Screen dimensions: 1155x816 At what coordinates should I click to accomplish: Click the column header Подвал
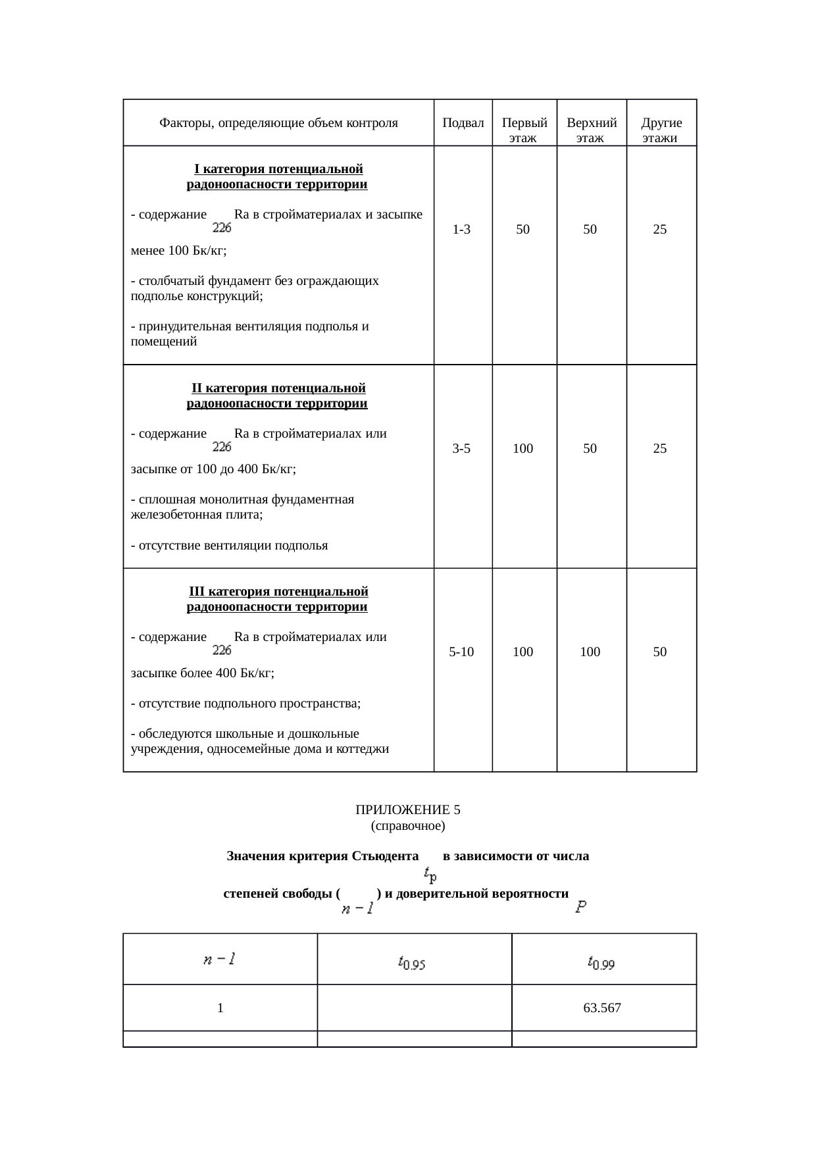463,123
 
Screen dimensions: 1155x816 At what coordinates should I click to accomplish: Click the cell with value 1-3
462,230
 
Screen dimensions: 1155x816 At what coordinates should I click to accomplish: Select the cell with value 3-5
462,449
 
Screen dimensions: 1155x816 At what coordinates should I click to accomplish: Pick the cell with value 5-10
462,652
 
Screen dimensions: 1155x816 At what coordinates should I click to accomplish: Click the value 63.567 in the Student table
602,1008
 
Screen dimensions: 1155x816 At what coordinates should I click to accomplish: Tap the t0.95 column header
414,963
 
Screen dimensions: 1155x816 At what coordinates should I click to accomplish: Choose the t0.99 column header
602,963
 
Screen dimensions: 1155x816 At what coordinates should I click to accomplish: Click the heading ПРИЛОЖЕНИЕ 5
408,809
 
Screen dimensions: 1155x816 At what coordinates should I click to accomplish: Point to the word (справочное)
408,825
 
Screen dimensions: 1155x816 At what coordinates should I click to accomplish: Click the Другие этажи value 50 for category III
660,652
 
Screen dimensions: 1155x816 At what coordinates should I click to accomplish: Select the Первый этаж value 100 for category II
523,449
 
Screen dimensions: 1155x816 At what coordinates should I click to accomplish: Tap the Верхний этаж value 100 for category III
590,652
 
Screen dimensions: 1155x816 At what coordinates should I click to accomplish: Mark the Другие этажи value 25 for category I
660,230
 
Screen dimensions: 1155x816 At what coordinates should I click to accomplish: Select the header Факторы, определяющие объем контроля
278,123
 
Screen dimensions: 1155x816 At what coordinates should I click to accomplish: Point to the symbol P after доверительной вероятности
581,908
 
